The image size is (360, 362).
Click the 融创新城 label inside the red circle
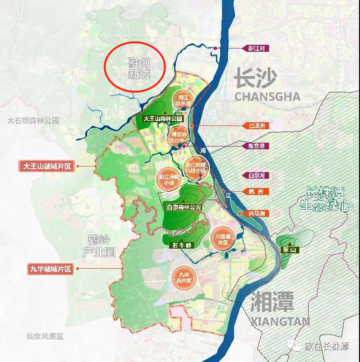pos(139,69)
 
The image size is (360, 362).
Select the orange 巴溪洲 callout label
pos(256,126)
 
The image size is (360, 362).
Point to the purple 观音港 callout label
pos(256,146)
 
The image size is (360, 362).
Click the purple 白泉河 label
pos(256,175)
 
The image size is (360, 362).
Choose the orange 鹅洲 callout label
pos(256,192)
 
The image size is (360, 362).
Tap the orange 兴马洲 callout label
pos(256,213)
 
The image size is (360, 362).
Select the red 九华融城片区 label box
pos(51,269)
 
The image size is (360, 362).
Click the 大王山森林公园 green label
pos(163,119)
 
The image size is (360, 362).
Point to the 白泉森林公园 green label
pos(184,207)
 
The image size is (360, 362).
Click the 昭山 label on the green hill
pos(290,250)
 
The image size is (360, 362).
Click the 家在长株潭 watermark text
pos(326,346)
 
